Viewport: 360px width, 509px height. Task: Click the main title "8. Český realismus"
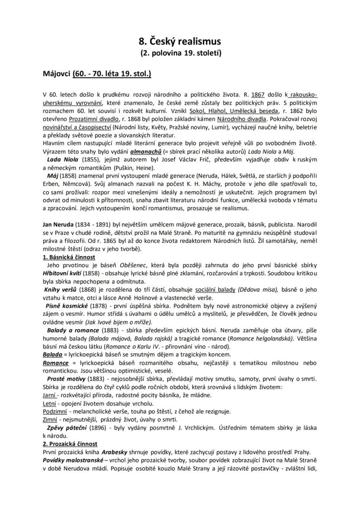[x=180, y=41]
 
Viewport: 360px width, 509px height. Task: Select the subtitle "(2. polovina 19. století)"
[x=180, y=54]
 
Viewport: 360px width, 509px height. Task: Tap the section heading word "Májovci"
[x=57, y=74]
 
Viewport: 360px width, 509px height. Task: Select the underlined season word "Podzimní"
[x=55, y=411]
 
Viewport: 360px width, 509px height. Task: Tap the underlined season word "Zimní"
[x=50, y=419]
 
